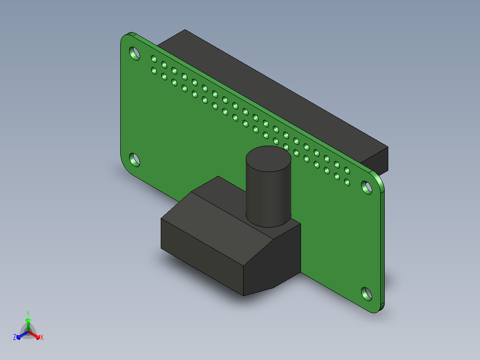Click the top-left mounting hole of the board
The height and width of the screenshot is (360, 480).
(x=134, y=53)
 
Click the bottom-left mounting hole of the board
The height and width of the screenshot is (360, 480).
(x=134, y=160)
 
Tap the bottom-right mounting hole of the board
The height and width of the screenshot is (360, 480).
(x=366, y=294)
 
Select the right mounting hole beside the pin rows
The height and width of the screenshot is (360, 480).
(x=366, y=188)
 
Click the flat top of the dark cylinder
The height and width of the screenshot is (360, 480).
(x=268, y=159)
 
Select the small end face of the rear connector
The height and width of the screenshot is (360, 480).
(x=376, y=161)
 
